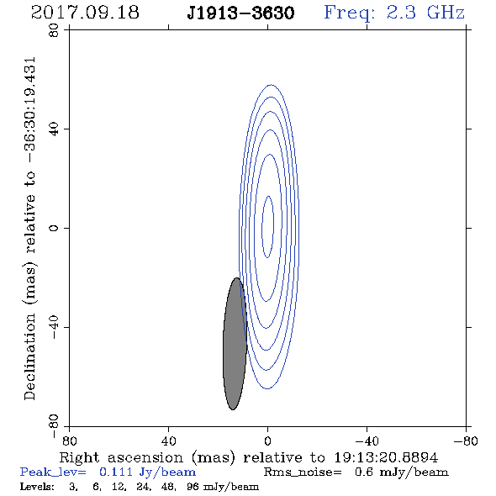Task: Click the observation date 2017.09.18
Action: (x=85, y=13)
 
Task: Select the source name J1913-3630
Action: (x=240, y=13)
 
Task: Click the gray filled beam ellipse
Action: (x=235, y=344)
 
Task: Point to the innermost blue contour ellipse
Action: (x=262, y=227)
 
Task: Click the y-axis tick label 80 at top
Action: (x=54, y=30)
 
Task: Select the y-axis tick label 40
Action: (x=54, y=129)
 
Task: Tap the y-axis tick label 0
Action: (x=54, y=228)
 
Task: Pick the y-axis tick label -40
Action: (x=54, y=327)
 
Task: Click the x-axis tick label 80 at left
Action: (x=69, y=441)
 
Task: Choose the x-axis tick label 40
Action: (x=168, y=441)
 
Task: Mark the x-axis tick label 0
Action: (x=267, y=441)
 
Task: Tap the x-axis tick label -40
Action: (x=367, y=441)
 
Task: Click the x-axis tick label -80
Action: (x=466, y=441)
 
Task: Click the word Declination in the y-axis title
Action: (x=29, y=356)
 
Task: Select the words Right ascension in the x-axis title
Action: (x=121, y=457)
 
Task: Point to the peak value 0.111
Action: (x=116, y=472)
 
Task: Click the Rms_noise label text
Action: (x=303, y=472)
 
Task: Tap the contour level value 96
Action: (x=193, y=486)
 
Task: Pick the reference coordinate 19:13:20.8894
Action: (x=386, y=457)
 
